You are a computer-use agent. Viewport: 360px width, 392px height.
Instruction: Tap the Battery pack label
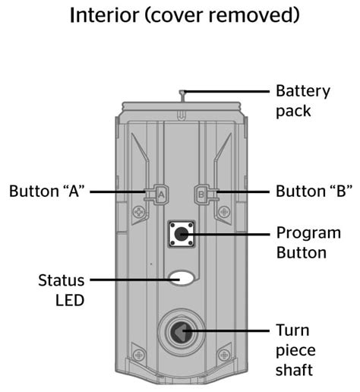303,100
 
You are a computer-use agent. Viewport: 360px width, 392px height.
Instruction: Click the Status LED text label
62,289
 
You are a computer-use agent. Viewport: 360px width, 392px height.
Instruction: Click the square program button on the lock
182,234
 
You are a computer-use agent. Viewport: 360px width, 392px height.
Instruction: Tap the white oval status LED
182,279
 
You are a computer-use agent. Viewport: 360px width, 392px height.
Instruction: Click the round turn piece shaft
181,333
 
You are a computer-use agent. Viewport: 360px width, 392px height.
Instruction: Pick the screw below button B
223,211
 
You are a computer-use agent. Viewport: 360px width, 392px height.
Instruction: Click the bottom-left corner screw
138,354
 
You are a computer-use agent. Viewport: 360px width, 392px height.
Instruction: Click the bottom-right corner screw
225,354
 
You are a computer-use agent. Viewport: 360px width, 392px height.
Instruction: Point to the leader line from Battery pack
228,92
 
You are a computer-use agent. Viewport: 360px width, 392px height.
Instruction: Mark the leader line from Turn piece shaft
232,333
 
